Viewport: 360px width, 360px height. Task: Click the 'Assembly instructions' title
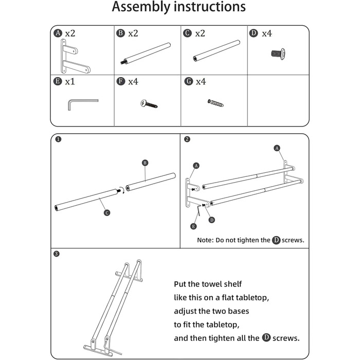pos(179,8)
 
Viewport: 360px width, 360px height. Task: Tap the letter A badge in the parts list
pos(59,33)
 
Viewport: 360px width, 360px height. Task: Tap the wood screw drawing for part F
pos(149,103)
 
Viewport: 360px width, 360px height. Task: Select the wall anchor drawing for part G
pos(215,102)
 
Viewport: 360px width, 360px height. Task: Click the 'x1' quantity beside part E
pos(70,82)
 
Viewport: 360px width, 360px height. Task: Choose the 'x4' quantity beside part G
pos(201,82)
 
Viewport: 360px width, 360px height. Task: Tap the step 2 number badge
pos(187,139)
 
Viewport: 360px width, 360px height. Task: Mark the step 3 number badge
pos(57,254)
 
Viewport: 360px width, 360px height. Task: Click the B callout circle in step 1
pos(145,163)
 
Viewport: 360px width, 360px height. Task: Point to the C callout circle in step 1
pos(106,212)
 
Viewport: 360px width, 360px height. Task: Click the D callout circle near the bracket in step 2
pos(212,220)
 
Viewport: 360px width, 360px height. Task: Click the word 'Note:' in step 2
pos(206,240)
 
